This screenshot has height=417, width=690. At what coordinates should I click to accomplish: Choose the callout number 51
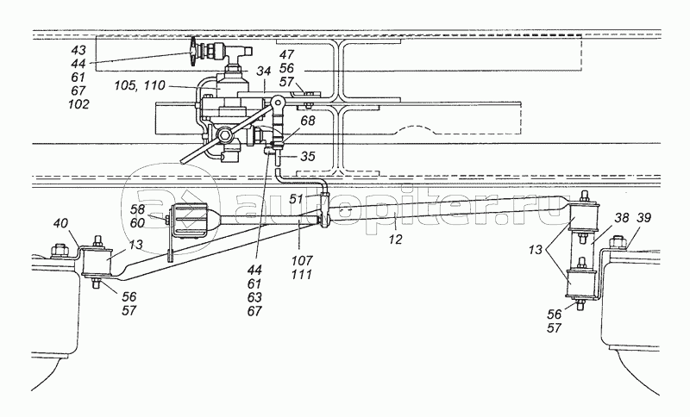296,198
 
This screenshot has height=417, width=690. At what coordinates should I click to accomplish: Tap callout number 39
644,219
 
